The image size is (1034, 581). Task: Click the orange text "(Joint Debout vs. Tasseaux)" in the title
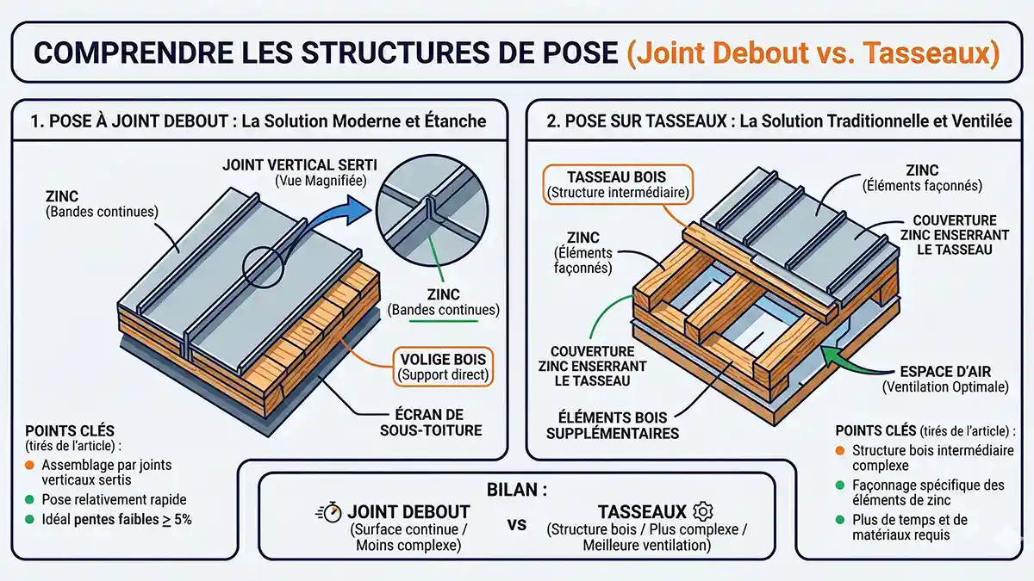pyautogui.click(x=812, y=53)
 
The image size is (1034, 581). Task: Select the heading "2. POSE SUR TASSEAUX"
pyautogui.click(x=638, y=121)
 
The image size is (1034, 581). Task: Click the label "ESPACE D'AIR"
pyautogui.click(x=944, y=371)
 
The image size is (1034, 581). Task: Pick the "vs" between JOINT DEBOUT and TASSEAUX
pyautogui.click(x=517, y=524)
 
